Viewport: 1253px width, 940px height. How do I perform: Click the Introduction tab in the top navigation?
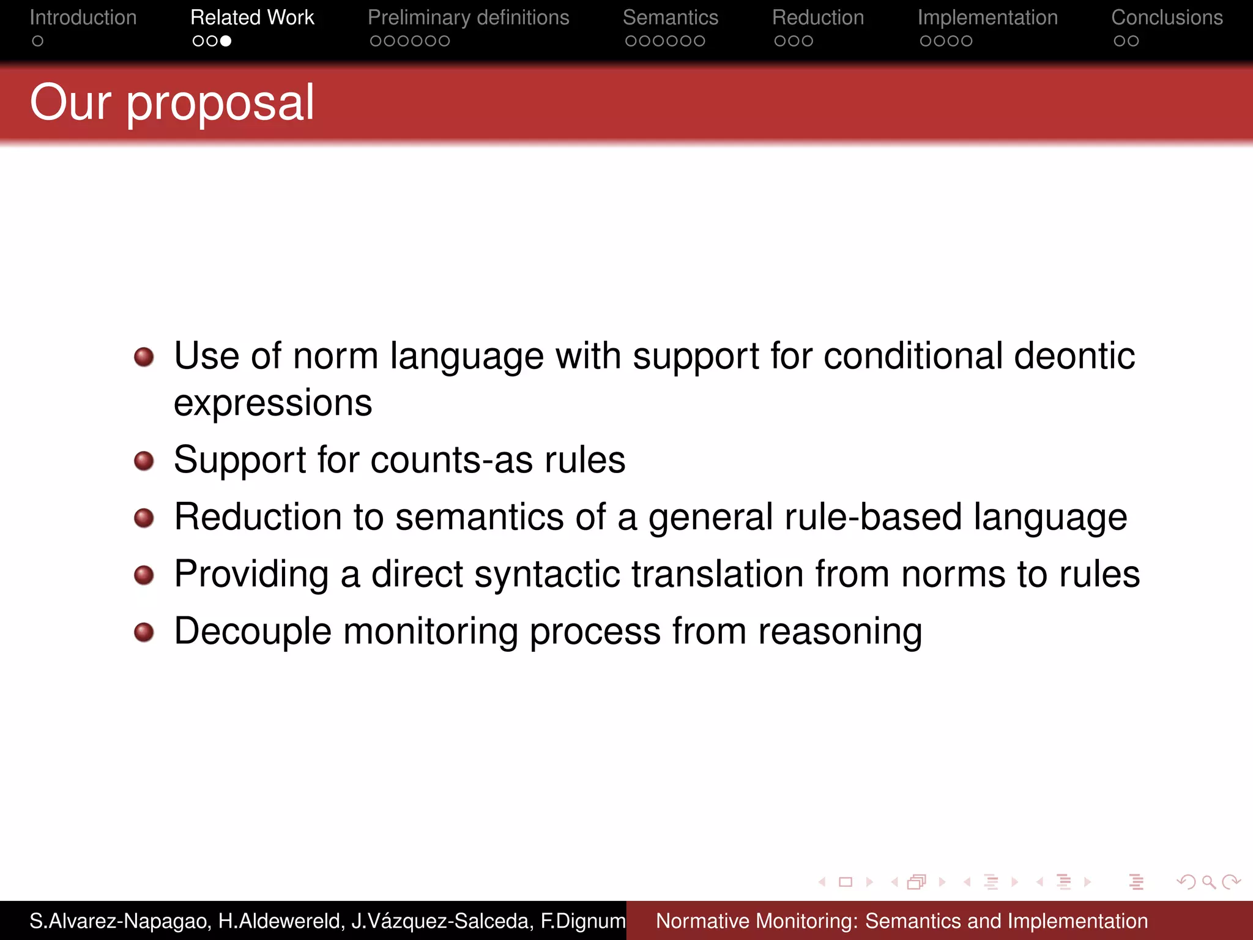83,18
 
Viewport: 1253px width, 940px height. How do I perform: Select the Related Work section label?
252,18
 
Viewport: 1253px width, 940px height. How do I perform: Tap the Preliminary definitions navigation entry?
468,18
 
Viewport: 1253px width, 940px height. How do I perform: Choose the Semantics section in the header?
670,18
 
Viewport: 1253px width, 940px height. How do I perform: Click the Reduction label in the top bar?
817,18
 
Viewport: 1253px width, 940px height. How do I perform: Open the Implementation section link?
987,18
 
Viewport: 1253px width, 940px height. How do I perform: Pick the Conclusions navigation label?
1167,18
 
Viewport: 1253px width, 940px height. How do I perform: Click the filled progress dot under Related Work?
226,41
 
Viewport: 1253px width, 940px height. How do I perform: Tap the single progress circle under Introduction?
38,41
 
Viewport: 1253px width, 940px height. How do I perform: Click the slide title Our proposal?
172,103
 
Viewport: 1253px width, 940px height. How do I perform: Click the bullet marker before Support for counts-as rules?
144,461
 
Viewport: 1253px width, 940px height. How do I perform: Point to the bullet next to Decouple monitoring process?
144,632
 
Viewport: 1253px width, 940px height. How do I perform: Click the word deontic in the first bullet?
1074,356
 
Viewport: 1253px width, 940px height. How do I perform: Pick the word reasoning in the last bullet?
839,632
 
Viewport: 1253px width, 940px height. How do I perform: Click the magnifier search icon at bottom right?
1208,882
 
